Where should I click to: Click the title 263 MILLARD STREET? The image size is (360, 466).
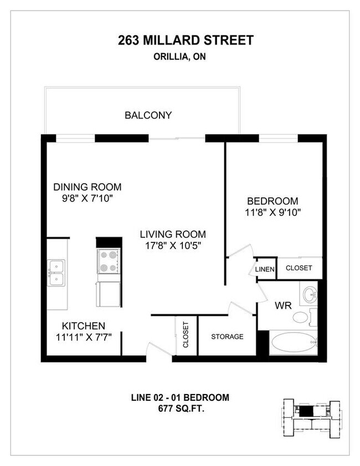(x=186, y=40)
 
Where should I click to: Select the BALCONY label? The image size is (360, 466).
(x=148, y=116)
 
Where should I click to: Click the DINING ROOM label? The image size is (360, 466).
(x=87, y=187)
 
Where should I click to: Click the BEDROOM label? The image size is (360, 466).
(x=272, y=201)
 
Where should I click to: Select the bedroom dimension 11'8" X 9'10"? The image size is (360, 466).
(x=272, y=212)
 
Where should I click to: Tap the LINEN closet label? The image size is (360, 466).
(x=265, y=269)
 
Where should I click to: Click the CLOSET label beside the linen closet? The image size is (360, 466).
(x=299, y=268)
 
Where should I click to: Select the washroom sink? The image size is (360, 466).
(x=308, y=293)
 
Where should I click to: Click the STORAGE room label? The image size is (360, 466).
(x=227, y=336)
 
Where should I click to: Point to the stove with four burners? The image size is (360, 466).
(x=109, y=261)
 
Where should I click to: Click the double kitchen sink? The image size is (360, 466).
(x=56, y=273)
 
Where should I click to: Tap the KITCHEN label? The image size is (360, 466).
(x=83, y=326)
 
